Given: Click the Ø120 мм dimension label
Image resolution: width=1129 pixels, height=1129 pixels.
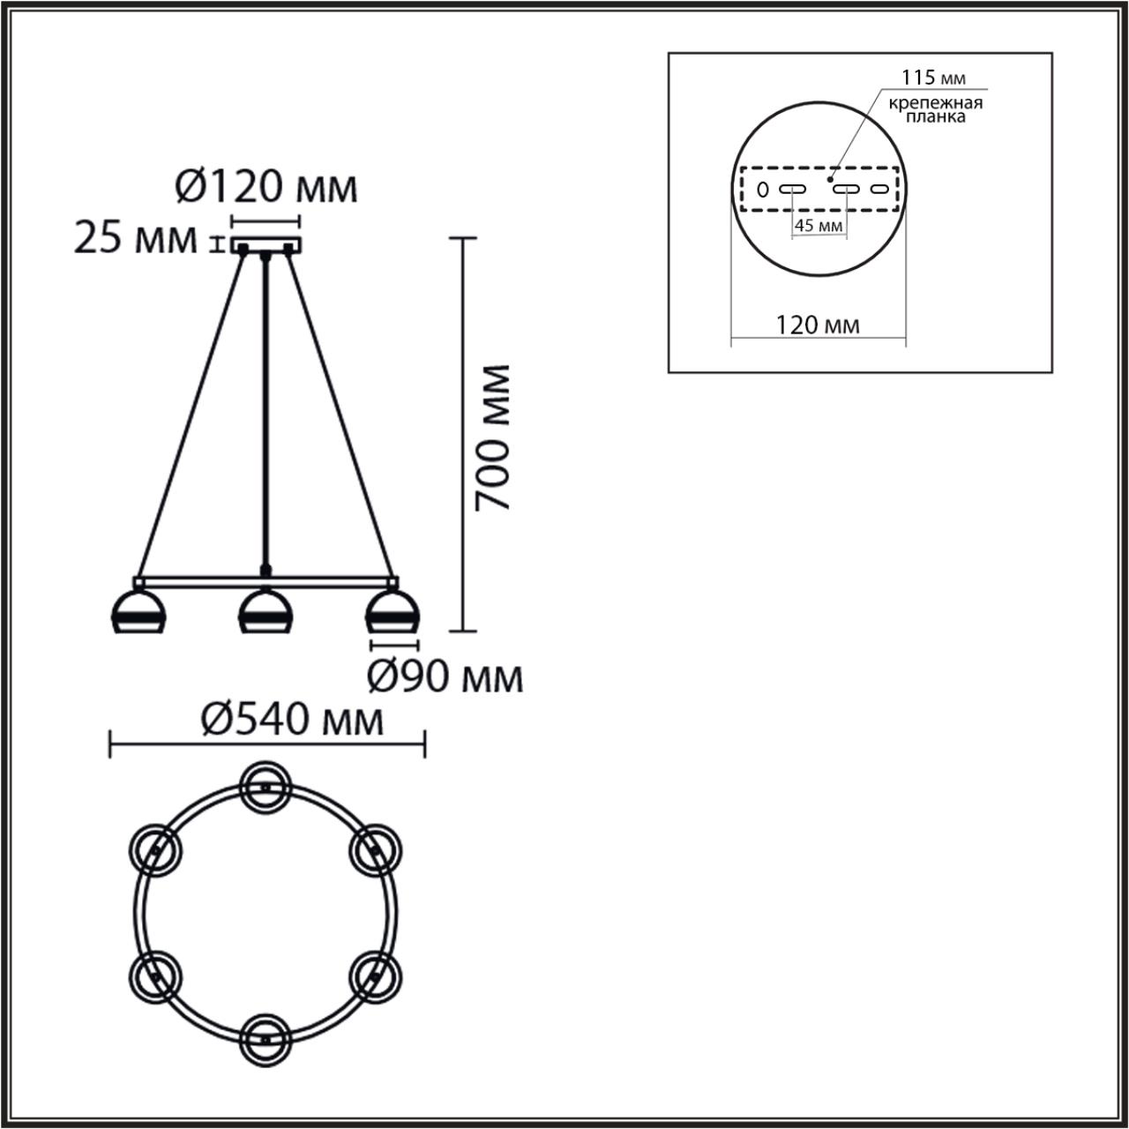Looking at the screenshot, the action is (x=266, y=188).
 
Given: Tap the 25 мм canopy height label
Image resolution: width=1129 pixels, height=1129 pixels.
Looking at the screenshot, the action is (x=135, y=239).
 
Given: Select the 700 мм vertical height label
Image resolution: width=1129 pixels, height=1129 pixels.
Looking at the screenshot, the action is (x=492, y=437).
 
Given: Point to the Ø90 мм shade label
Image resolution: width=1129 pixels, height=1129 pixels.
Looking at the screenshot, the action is (x=445, y=677).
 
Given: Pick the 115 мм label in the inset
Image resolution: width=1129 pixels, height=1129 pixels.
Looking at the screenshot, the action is (x=933, y=78).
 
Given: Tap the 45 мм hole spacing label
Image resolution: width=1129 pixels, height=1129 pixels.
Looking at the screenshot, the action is (x=819, y=225).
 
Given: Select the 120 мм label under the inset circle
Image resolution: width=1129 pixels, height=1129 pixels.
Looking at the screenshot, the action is (x=818, y=325).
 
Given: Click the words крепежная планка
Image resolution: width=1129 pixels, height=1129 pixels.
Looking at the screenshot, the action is (x=936, y=110).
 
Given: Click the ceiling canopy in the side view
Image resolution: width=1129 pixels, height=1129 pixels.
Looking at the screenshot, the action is (x=266, y=245).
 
